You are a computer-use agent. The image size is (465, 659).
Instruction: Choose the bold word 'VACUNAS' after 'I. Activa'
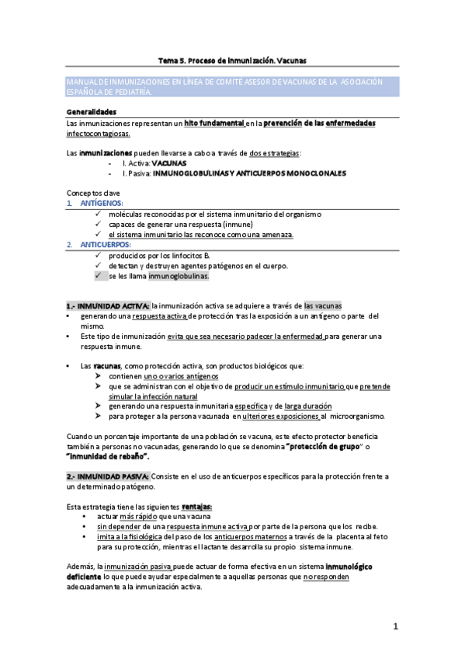click(168, 163)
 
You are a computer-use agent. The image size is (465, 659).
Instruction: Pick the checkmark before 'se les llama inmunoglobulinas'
click(97, 276)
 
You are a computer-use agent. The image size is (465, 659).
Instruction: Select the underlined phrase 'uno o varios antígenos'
click(181, 376)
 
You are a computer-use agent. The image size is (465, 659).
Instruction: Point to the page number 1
click(396, 626)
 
